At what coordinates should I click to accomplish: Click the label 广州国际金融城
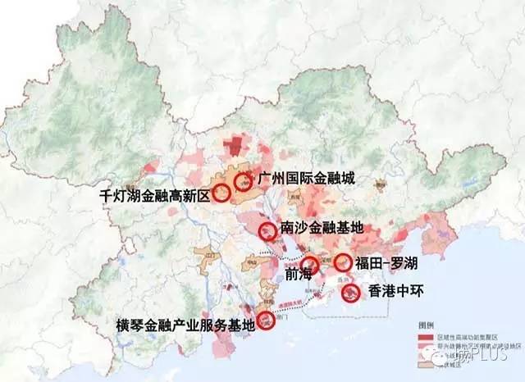click(305, 179)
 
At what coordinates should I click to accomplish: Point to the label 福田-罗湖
click(387, 263)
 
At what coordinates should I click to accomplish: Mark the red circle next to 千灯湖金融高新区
click(222, 194)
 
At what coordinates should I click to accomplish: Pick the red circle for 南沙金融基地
click(267, 230)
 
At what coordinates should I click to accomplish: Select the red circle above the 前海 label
click(310, 265)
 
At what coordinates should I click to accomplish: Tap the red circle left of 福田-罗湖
click(343, 263)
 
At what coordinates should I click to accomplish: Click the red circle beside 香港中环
click(350, 291)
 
